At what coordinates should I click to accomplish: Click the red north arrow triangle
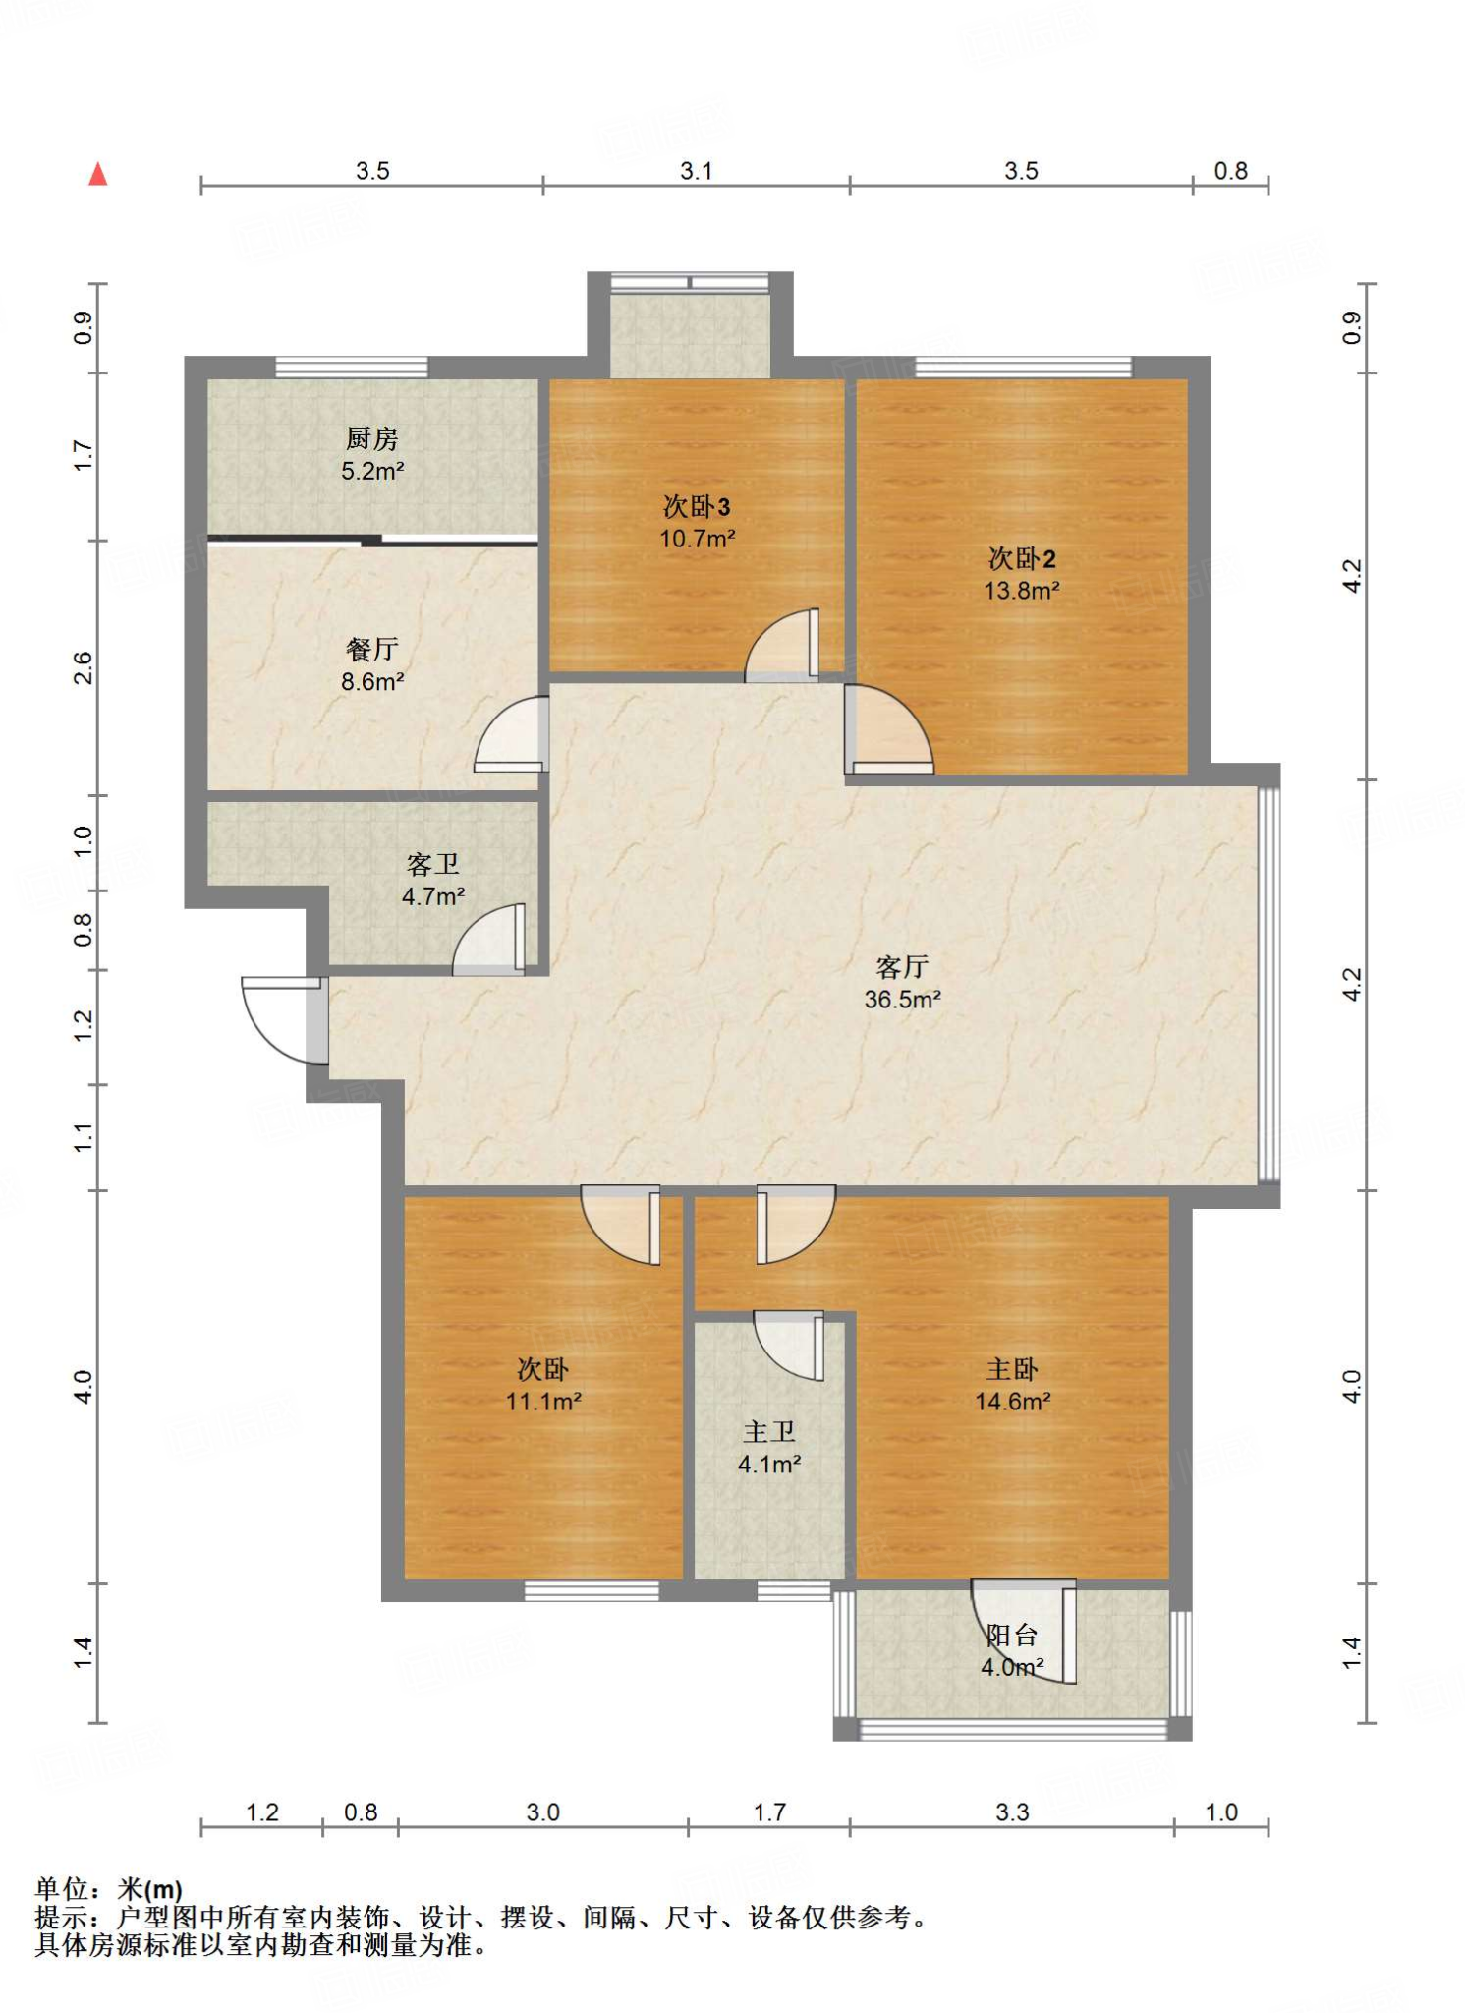point(97,174)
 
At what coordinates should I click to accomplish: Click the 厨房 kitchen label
point(372,438)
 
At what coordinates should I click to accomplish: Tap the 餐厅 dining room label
point(372,649)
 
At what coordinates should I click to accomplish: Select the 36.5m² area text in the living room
point(903,1000)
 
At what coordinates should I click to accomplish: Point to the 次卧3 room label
point(697,506)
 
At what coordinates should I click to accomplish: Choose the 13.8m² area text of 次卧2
point(1022,591)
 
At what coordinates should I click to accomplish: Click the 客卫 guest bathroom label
point(433,864)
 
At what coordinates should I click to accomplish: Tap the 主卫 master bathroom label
point(769,1432)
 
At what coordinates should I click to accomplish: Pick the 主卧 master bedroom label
point(1012,1369)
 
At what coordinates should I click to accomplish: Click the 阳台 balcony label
point(1012,1635)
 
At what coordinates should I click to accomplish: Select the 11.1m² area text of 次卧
point(543,1402)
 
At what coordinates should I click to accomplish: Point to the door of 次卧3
point(782,645)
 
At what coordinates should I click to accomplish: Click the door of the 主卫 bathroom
point(789,1345)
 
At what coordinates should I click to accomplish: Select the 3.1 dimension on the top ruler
point(697,171)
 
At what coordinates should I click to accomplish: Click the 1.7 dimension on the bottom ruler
point(769,1812)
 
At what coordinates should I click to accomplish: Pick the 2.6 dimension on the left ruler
point(84,668)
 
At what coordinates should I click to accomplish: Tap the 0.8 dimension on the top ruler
point(1230,171)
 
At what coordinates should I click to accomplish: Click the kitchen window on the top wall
point(352,368)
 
